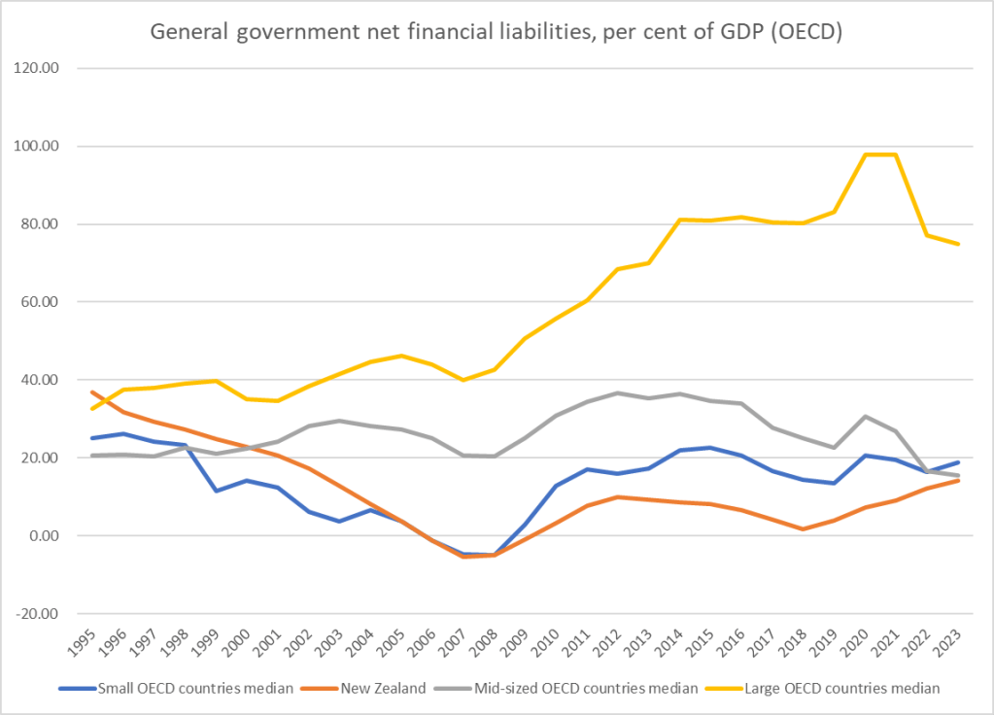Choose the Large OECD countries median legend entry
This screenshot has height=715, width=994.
[x=842, y=689]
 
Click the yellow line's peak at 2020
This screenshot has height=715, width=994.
[x=865, y=154]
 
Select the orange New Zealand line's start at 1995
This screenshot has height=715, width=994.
[x=89, y=392]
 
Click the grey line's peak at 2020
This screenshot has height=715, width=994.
[x=865, y=416]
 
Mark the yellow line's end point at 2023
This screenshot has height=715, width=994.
[x=958, y=244]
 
